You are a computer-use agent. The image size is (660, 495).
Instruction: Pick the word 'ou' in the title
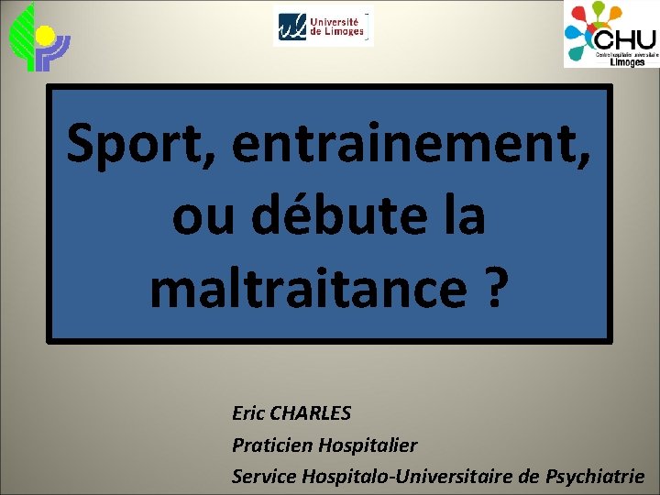[200, 218]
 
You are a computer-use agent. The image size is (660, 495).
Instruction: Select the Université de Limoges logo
[324, 26]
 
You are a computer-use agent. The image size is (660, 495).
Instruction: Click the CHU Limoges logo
[610, 35]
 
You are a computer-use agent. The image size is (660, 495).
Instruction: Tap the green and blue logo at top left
[38, 37]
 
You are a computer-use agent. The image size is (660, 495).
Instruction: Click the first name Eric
[248, 413]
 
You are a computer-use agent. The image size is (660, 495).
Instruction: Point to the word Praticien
[272, 445]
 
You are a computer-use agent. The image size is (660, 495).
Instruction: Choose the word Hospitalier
[367, 445]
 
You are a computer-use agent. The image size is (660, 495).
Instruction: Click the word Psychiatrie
[595, 477]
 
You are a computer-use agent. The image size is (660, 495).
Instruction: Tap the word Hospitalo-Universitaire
[403, 477]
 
